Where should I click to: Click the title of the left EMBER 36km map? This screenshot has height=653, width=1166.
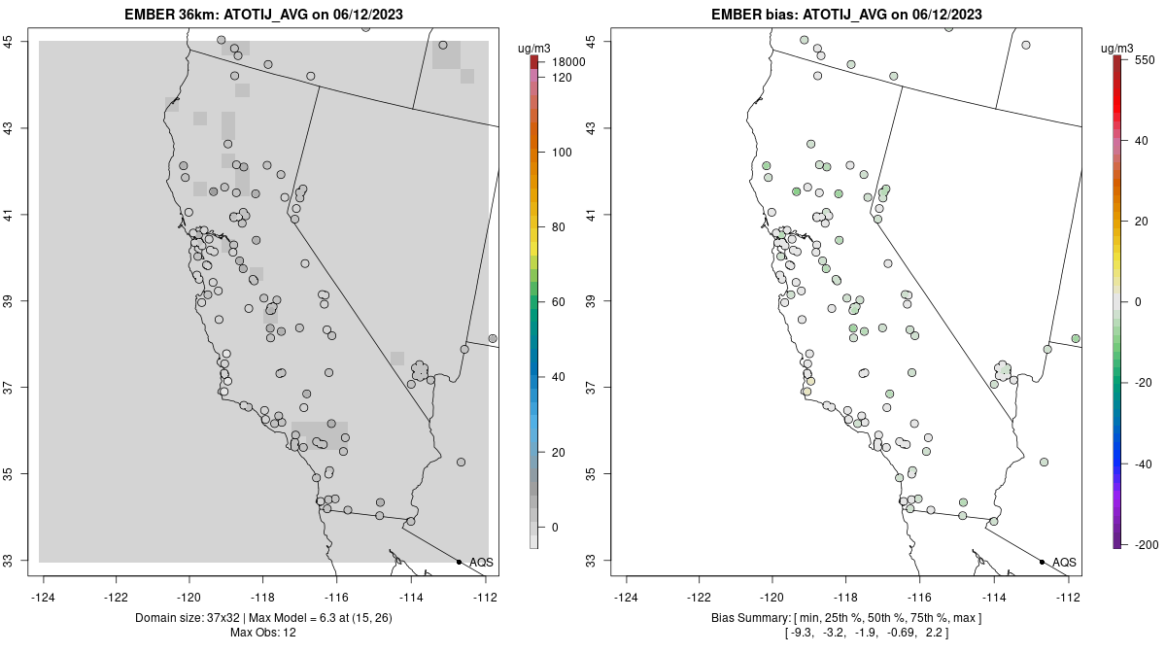[264, 15]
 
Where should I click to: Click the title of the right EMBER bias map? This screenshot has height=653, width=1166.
[847, 15]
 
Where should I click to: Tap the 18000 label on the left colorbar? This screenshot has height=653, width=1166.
[567, 62]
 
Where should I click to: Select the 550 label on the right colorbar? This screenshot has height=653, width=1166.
[1143, 59]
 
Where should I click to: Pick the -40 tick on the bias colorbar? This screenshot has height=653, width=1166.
[1142, 464]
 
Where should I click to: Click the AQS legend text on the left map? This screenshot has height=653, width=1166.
[481, 563]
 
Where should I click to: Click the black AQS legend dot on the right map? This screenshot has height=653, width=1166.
[1042, 562]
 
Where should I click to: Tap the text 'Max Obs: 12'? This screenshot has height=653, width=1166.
[263, 633]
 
